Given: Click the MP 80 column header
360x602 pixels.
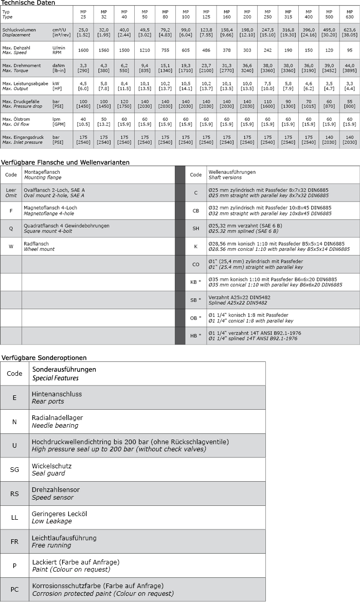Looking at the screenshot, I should pos(165,14).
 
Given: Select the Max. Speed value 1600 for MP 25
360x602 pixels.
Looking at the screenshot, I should pos(83,50).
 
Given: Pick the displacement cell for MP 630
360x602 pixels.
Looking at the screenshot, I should pos(350,33).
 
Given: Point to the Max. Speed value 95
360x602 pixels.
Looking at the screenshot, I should pos(350,50).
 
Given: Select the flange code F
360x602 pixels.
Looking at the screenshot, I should pos(11,211).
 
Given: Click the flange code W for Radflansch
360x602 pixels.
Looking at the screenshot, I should pos(11,246).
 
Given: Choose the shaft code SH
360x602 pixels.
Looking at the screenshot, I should pos(195,229).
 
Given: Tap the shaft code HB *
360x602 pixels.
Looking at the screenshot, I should pos(195,336).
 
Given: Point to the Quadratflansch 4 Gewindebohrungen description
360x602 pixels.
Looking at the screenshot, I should pos(66,226).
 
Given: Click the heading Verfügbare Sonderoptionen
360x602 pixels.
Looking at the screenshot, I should pos(44,357).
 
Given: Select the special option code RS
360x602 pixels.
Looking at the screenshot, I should pos(14,494).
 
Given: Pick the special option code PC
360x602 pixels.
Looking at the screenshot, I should pos(14,589).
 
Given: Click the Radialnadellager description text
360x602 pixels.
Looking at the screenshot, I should pos(57,418).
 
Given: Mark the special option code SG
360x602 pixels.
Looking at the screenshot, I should pos(14,469).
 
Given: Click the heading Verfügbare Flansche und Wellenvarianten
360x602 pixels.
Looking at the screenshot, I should pos(65,162).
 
